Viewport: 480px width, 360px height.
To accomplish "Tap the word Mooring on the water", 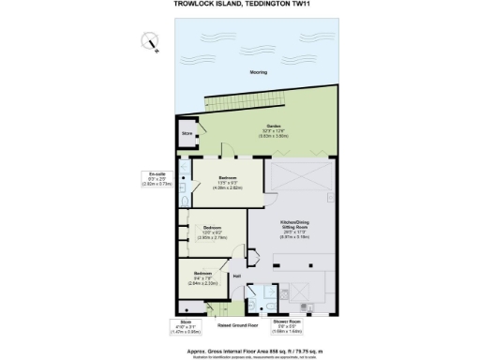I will click(258, 72).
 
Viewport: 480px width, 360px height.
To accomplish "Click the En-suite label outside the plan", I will click(157, 173).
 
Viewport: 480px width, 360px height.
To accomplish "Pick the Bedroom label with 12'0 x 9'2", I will click(212, 227).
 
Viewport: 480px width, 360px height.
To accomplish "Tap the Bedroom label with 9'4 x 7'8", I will click(204, 273).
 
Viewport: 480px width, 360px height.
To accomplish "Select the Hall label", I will click(237, 276).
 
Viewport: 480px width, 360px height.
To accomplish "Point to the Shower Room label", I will click(287, 321).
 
